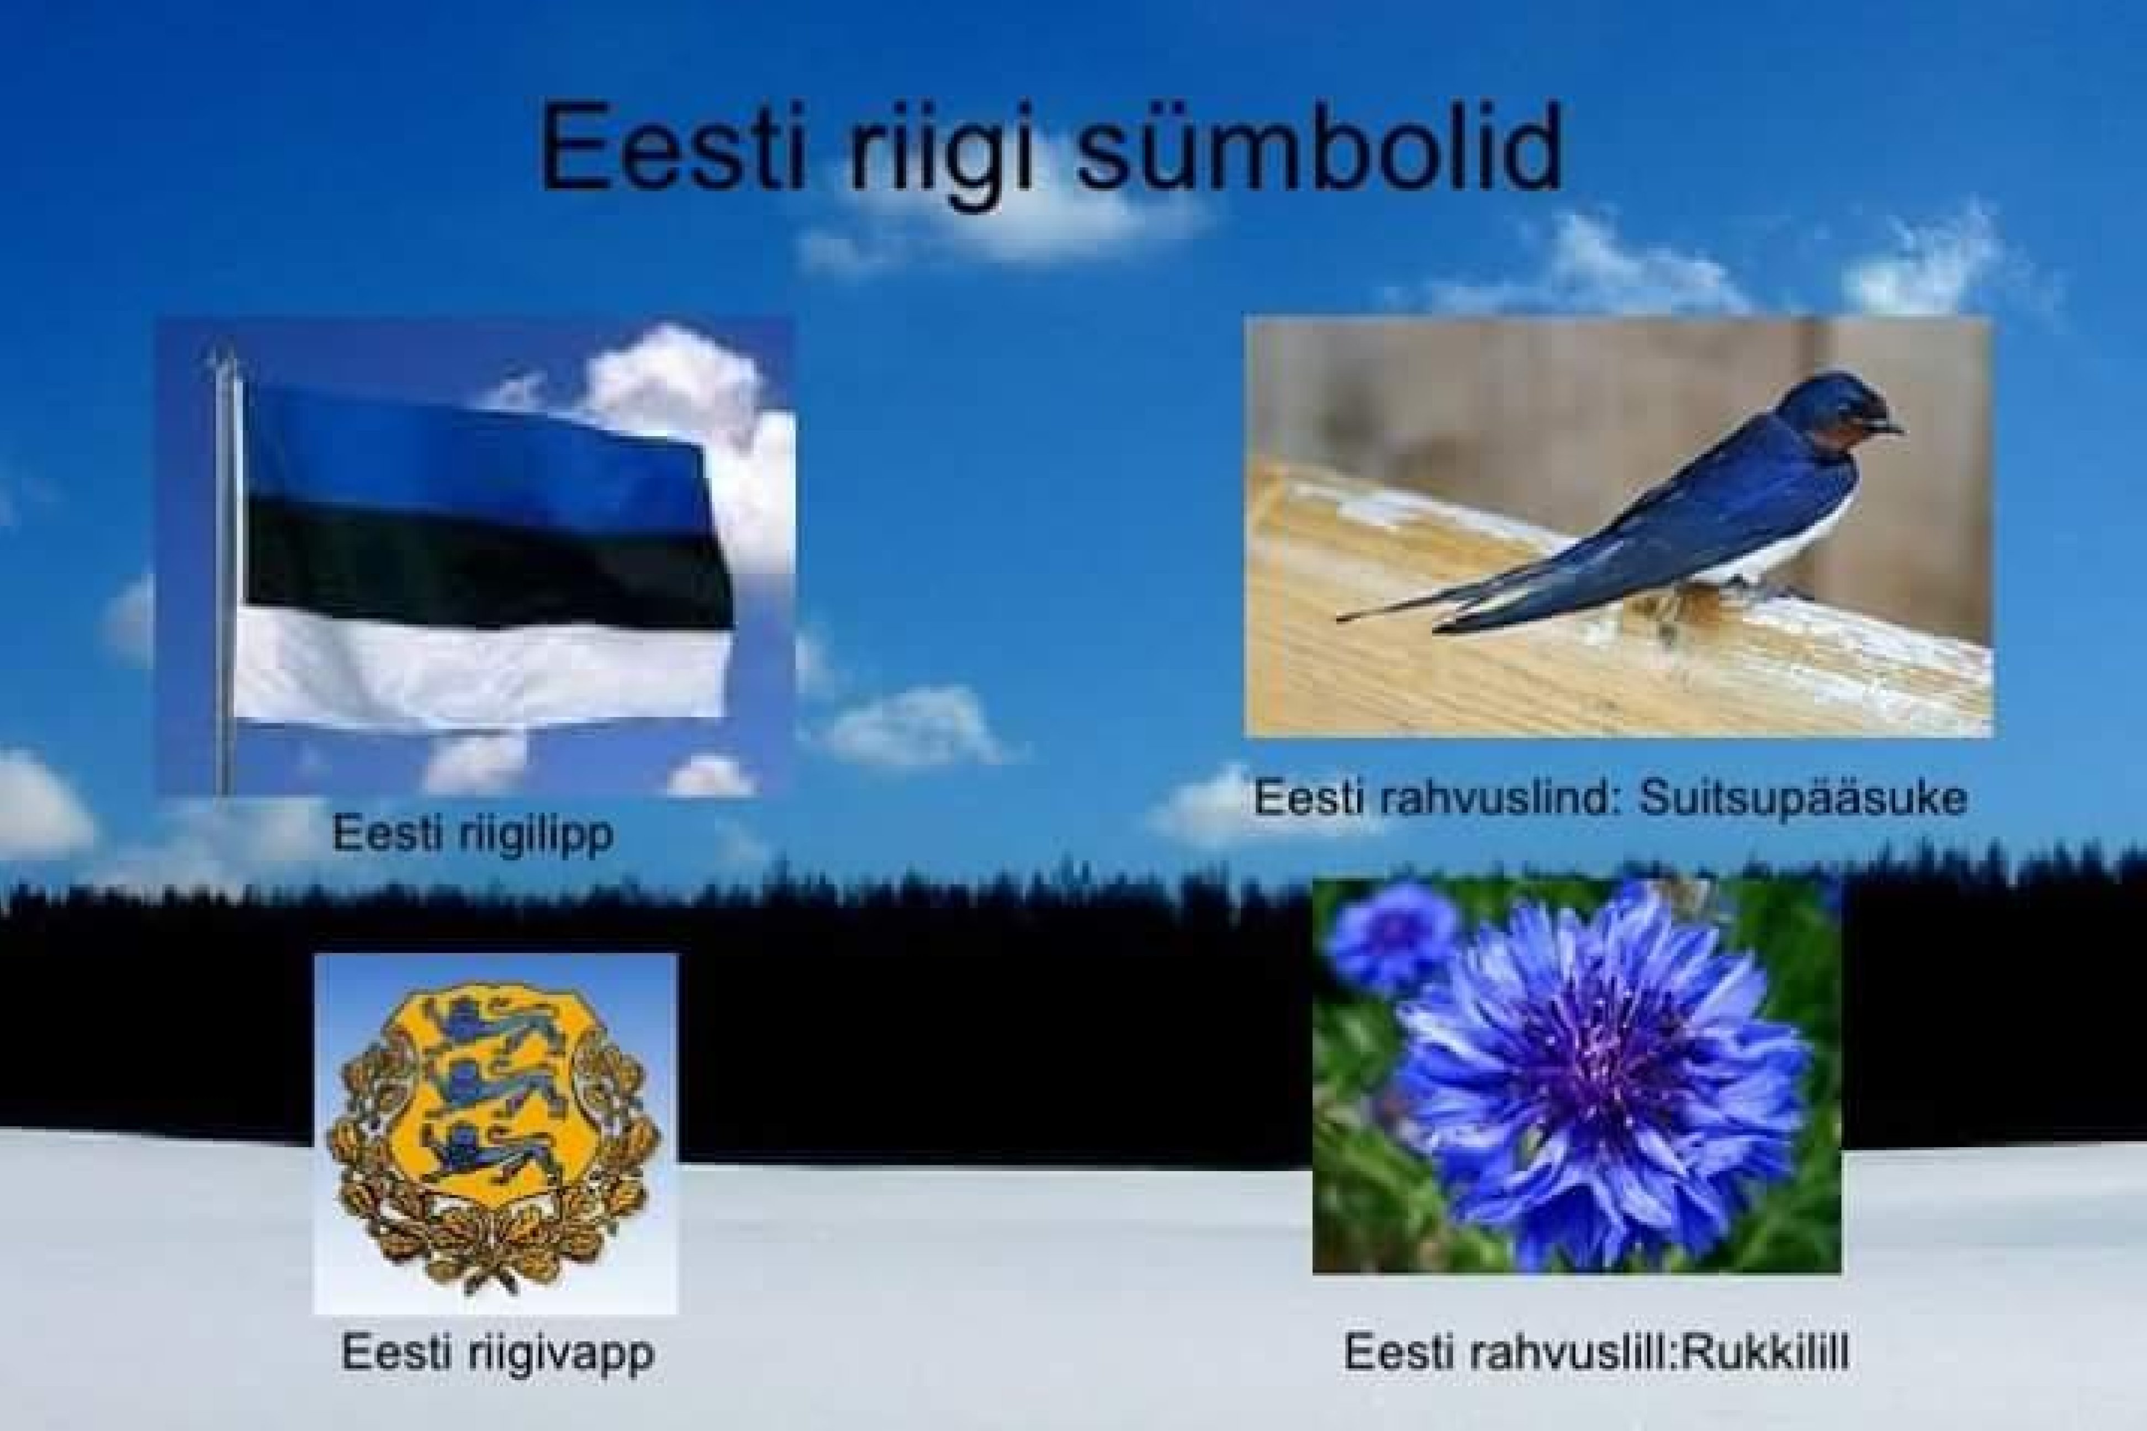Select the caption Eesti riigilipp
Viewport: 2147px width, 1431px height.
[x=472, y=833]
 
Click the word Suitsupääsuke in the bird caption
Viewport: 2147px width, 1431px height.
[x=1803, y=798]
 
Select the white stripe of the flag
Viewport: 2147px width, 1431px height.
[x=482, y=671]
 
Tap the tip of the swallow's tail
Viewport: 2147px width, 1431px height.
[x=1339, y=619]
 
